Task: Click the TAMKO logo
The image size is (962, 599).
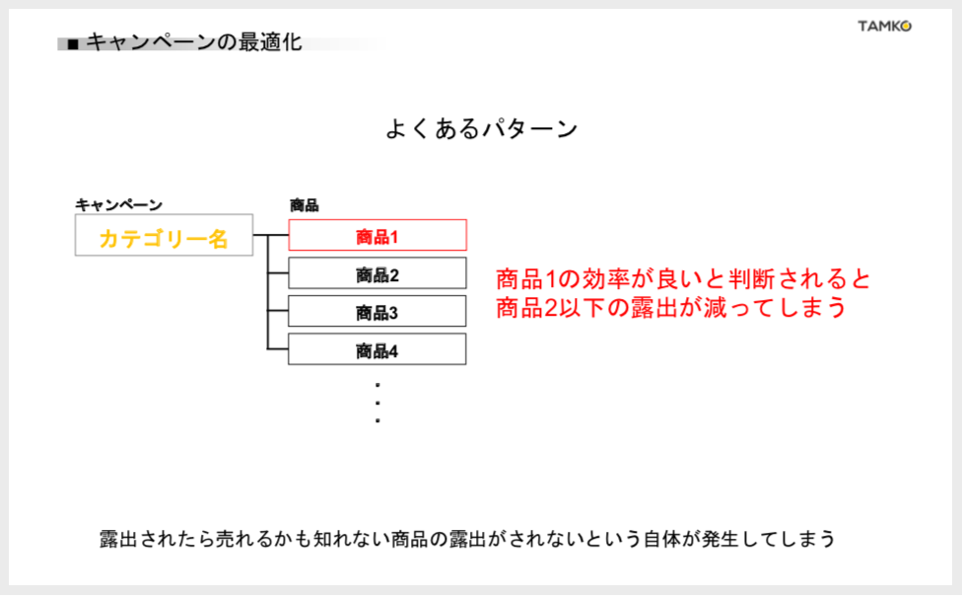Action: [x=884, y=26]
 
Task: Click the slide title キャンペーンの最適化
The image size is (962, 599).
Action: [x=194, y=41]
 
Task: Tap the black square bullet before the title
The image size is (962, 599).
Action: [x=73, y=44]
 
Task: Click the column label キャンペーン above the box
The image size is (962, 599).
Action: [x=118, y=204]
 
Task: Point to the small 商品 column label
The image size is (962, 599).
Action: [x=305, y=204]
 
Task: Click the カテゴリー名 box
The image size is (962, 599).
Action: [x=164, y=235]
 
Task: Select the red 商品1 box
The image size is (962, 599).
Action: [x=378, y=235]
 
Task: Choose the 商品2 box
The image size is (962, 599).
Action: [x=378, y=273]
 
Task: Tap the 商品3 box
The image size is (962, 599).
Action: [x=378, y=312]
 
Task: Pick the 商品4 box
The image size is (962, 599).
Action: [x=378, y=349]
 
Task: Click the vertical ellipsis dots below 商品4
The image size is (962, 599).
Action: [x=378, y=403]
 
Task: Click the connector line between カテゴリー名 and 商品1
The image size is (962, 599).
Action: [x=270, y=235]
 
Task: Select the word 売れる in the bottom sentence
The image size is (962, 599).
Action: [x=242, y=539]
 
